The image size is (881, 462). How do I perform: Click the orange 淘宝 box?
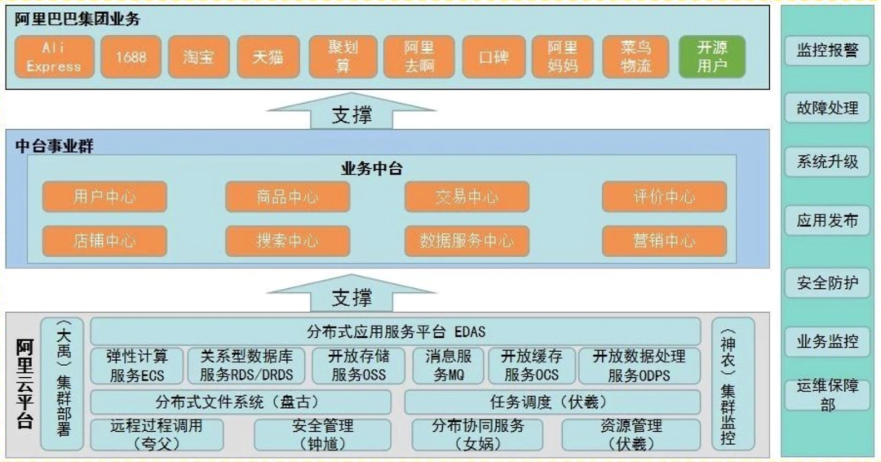[198, 57]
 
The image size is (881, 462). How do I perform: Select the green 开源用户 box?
[712, 57]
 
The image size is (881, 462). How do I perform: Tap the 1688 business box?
[131, 57]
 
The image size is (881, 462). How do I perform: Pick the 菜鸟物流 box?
[636, 57]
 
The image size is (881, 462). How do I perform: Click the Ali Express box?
[53, 57]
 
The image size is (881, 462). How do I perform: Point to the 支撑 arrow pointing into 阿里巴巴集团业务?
[352, 113]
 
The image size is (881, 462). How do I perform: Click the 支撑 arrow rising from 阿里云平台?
[352, 295]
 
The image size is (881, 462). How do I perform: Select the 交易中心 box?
[466, 197]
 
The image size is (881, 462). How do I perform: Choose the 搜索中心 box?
[287, 241]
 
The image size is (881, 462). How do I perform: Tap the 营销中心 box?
[664, 241]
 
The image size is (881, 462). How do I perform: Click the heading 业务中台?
[371, 169]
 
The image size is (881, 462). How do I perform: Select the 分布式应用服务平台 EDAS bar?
[396, 332]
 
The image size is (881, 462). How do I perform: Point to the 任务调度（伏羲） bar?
[552, 402]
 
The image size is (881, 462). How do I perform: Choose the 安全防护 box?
[827, 283]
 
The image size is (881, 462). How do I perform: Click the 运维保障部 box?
[827, 395]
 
